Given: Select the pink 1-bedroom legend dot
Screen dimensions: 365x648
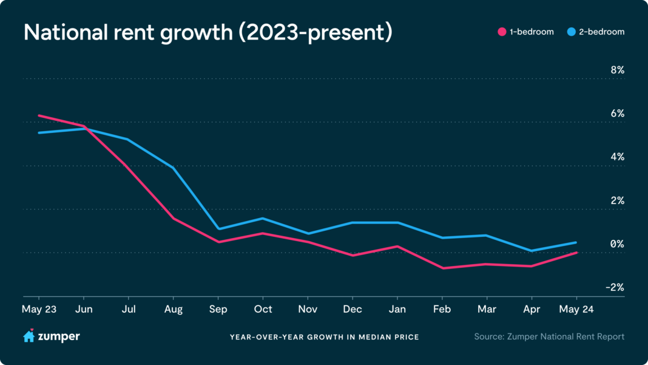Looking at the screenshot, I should point(502,32).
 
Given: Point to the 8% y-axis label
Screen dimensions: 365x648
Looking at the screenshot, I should point(616,70).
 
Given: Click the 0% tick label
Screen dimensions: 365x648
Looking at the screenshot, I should point(616,244).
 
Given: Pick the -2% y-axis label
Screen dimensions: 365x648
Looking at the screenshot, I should point(615,287).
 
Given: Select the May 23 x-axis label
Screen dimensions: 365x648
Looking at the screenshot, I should point(39,309).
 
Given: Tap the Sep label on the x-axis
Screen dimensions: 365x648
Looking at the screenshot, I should point(218,309).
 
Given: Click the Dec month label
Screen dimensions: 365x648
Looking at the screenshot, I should point(353,309).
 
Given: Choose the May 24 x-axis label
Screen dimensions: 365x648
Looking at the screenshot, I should point(576,309).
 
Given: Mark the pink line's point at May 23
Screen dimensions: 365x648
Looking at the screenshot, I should point(39,115).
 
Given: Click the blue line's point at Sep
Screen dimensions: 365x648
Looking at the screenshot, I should point(218,229).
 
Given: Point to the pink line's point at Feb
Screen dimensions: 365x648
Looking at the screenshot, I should point(442,268).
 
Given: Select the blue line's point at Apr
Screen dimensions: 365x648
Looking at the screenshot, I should point(532,251).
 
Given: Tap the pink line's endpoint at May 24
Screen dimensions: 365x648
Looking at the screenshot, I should point(576,252).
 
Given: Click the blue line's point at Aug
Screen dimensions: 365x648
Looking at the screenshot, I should point(174,167).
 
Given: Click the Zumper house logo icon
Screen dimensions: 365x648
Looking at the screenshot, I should point(29,336).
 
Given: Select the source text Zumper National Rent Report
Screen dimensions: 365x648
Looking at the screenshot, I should point(549,336).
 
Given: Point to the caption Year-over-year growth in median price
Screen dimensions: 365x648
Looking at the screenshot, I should point(324,337).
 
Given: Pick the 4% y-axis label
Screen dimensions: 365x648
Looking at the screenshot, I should point(616,157).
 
